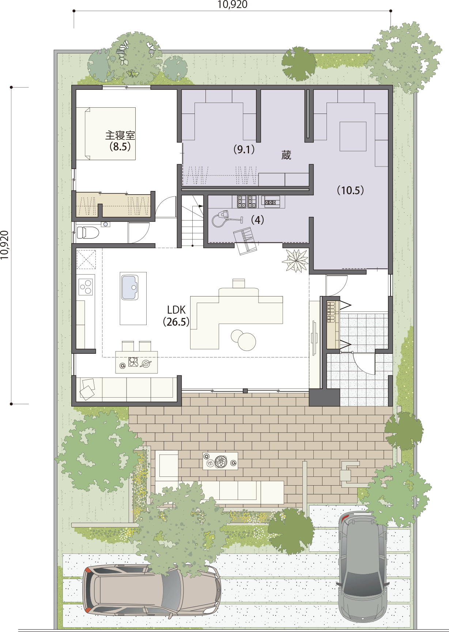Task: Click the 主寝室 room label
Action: (x=120, y=135)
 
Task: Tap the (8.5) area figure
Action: (x=120, y=147)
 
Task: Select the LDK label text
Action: (x=176, y=310)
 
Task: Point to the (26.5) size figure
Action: (x=176, y=322)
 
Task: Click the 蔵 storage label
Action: (x=286, y=155)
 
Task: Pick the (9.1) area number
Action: (x=244, y=149)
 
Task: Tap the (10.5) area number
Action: (x=350, y=190)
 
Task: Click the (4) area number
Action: (x=257, y=220)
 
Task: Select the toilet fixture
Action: (x=88, y=232)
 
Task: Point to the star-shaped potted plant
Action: (x=295, y=260)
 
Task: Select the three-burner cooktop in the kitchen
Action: (x=86, y=286)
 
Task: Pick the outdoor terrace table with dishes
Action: (x=220, y=461)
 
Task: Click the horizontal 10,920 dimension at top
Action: (x=232, y=4)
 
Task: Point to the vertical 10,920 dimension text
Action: (x=5, y=245)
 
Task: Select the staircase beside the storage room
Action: (x=192, y=221)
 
